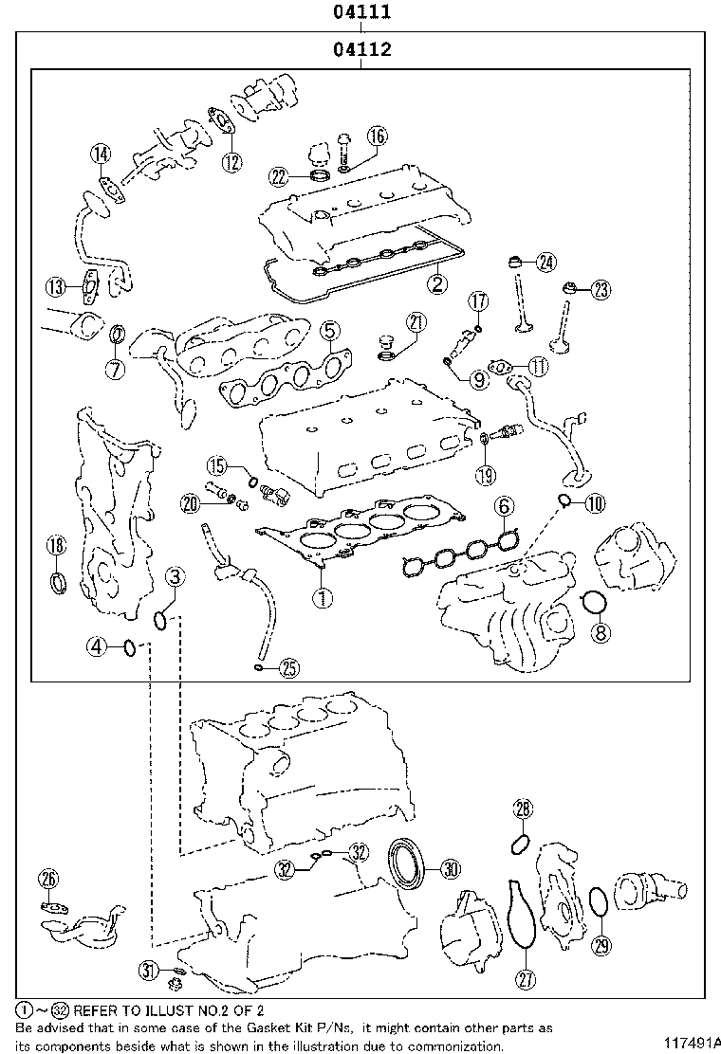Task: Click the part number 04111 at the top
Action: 361,12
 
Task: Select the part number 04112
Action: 361,49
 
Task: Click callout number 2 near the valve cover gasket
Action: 435,282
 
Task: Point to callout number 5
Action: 328,331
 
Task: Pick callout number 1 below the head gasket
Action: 324,597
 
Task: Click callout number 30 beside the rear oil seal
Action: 450,867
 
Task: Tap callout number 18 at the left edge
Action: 57,545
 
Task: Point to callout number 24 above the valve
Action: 545,263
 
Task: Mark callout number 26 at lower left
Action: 49,879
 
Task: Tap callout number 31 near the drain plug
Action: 148,969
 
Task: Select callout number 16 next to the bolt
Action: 377,136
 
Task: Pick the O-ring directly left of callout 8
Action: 592,603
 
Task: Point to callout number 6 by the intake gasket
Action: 503,507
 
